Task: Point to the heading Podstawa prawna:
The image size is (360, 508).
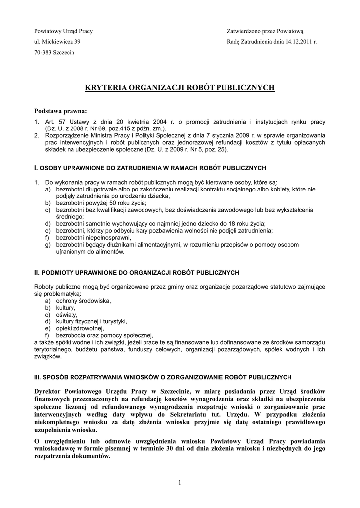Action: click(x=60, y=110)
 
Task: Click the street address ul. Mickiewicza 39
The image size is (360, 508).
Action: click(x=57, y=42)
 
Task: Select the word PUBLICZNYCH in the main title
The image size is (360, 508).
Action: click(x=246, y=88)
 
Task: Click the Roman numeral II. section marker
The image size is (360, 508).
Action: click(x=36, y=272)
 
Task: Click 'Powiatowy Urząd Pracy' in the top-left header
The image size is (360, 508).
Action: click(x=63, y=31)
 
